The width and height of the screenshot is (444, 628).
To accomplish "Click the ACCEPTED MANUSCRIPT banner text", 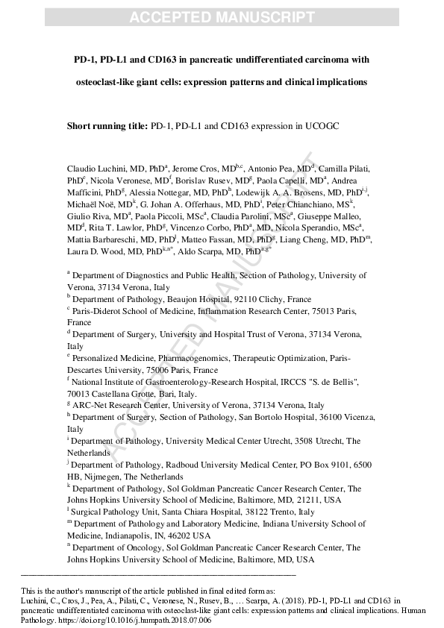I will click(222, 17).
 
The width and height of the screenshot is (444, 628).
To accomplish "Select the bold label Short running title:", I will click(107, 126).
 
